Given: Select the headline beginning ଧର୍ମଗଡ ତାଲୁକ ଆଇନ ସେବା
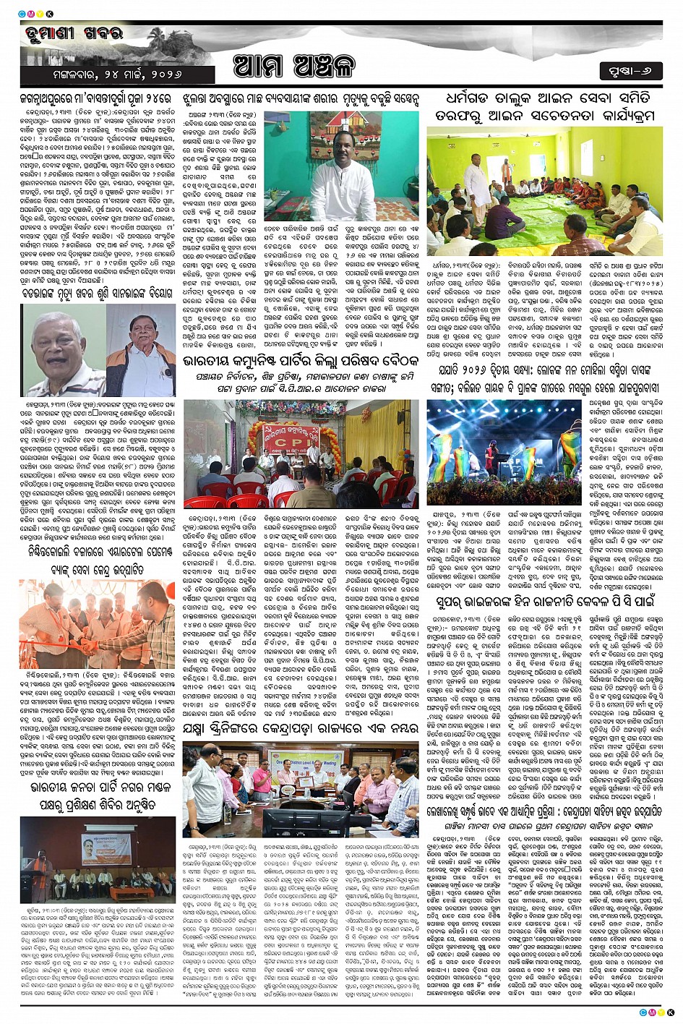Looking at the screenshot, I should (x=543, y=106).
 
